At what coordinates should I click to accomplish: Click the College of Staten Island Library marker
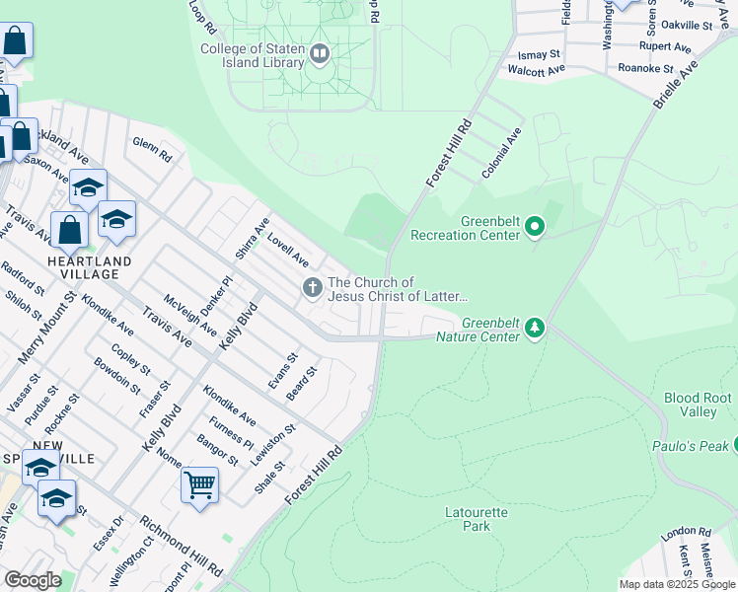(319, 53)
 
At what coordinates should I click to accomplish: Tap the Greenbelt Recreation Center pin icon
(535, 228)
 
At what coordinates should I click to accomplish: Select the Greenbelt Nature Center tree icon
(535, 327)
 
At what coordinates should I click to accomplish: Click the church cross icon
(312, 288)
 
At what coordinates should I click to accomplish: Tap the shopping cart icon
(199, 484)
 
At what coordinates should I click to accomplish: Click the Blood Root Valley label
(698, 405)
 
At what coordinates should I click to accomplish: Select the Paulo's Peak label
(691, 446)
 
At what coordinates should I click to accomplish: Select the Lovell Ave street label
(287, 251)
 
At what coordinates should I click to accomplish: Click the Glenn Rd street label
(152, 149)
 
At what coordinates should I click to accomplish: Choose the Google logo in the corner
(33, 580)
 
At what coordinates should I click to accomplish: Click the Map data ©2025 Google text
(677, 584)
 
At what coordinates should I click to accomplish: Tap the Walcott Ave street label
(536, 70)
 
